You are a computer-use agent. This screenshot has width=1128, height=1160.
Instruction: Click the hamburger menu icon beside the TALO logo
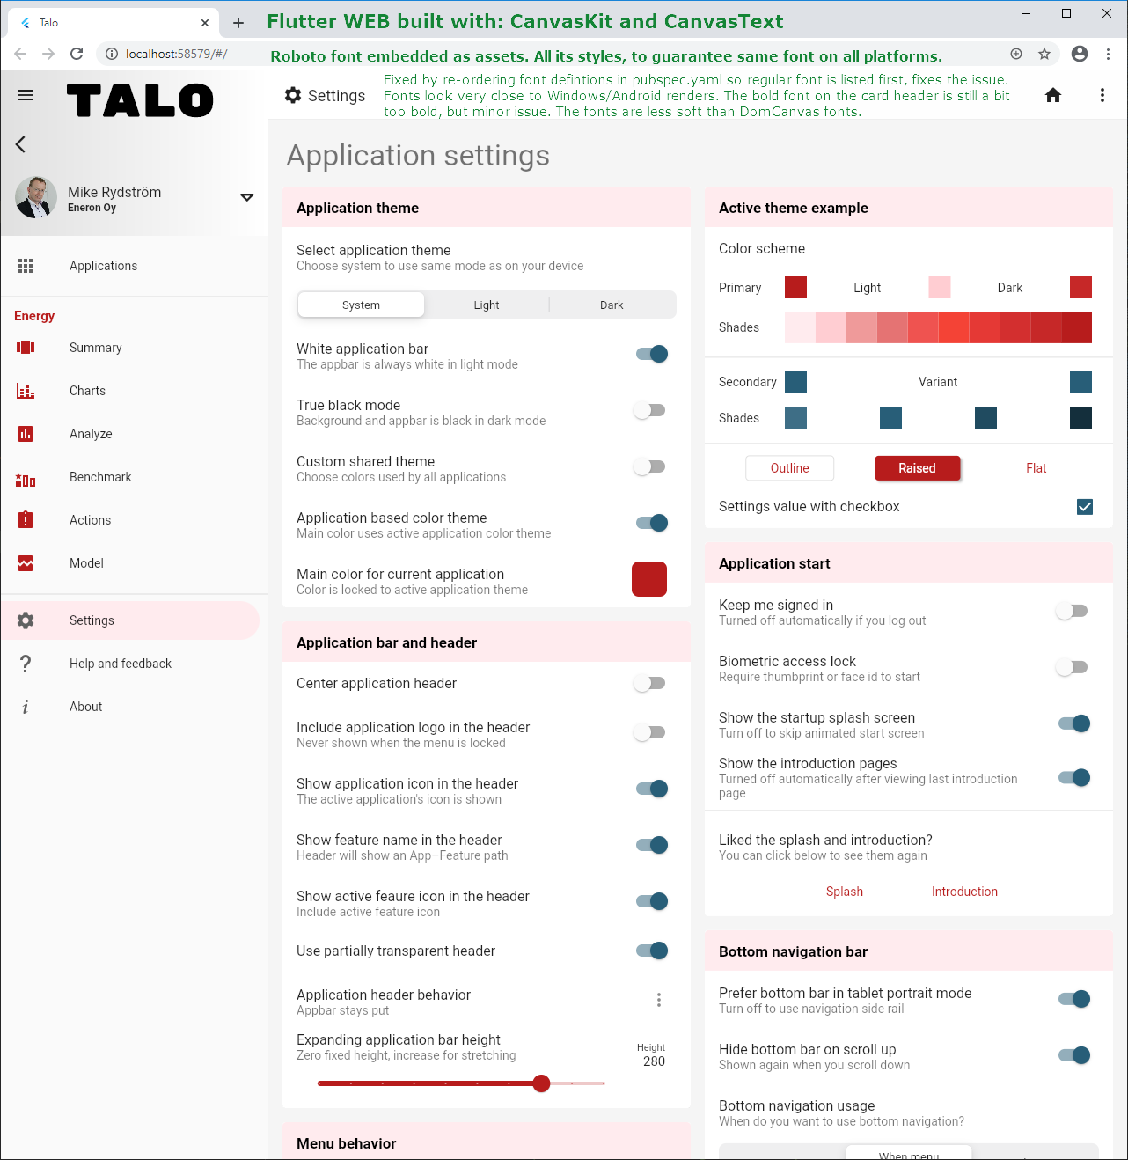click(26, 95)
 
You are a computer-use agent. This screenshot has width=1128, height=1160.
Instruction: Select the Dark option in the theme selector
click(612, 305)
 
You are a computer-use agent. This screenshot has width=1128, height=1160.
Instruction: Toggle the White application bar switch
click(651, 354)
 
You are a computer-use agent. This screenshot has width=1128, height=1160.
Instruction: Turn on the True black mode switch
click(650, 410)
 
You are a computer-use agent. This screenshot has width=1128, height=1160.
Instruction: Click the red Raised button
click(917, 468)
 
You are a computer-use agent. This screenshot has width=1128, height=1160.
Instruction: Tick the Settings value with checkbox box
click(1085, 507)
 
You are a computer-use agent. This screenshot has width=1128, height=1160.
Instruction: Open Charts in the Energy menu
click(87, 391)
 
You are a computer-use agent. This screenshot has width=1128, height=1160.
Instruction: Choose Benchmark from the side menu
click(100, 477)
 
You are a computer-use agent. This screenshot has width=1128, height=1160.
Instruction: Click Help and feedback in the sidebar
click(121, 664)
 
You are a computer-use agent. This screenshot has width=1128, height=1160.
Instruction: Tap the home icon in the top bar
click(1053, 95)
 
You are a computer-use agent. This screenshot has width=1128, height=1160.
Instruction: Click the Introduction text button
click(964, 892)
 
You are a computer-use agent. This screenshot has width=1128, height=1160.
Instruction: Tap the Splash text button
click(845, 892)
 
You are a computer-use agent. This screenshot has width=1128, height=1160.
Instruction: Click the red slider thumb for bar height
click(542, 1083)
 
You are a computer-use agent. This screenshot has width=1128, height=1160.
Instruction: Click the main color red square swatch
click(649, 579)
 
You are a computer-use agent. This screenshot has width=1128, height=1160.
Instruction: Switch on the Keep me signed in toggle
click(1073, 611)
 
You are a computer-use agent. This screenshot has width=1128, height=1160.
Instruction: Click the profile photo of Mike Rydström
click(36, 197)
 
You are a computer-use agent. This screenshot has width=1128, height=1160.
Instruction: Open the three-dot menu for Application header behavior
click(658, 1000)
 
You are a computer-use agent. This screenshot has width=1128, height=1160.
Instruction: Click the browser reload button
click(77, 54)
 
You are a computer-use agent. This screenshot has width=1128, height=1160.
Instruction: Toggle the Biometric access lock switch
click(1073, 667)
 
